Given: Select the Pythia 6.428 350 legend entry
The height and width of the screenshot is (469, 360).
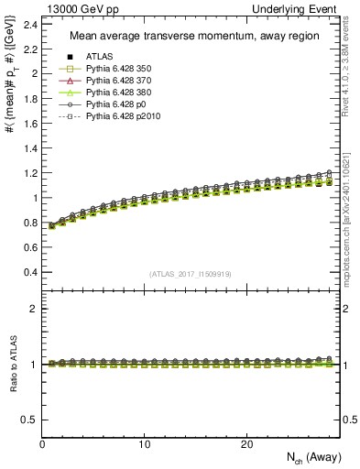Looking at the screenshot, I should pos(114,69).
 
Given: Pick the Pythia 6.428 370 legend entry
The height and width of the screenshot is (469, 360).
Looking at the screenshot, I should pos(114,81).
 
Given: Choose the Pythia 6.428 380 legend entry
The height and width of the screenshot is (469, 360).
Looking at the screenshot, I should pos(114,93).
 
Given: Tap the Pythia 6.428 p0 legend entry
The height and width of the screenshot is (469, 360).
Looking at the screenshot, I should pos(111,105).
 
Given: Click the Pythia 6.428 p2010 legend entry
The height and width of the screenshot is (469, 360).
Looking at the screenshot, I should pos(116,117).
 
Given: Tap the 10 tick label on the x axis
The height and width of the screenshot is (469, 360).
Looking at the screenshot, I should pos(145,443).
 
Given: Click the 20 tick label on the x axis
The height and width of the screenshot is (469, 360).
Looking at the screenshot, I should pos(246,443).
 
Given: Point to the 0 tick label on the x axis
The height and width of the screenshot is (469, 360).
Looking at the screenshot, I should pos(42,443).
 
